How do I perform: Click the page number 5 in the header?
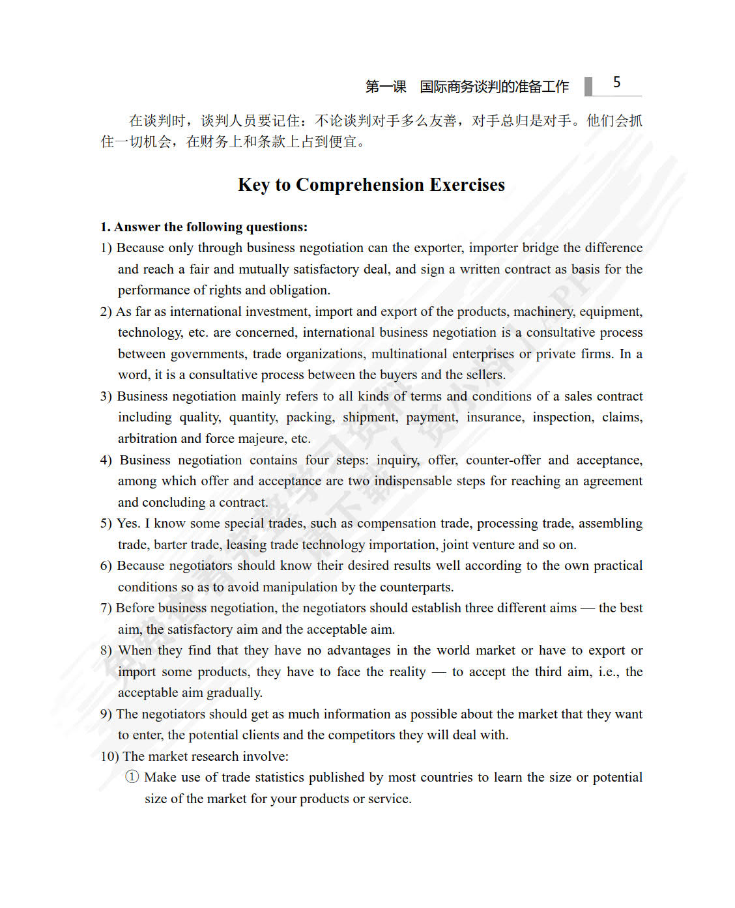tap(616, 83)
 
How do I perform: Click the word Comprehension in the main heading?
tap(359, 185)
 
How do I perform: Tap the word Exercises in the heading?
tap(467, 185)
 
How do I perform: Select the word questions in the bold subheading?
tap(276, 227)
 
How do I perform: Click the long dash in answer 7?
tap(587, 608)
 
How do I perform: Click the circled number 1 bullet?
tap(132, 777)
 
